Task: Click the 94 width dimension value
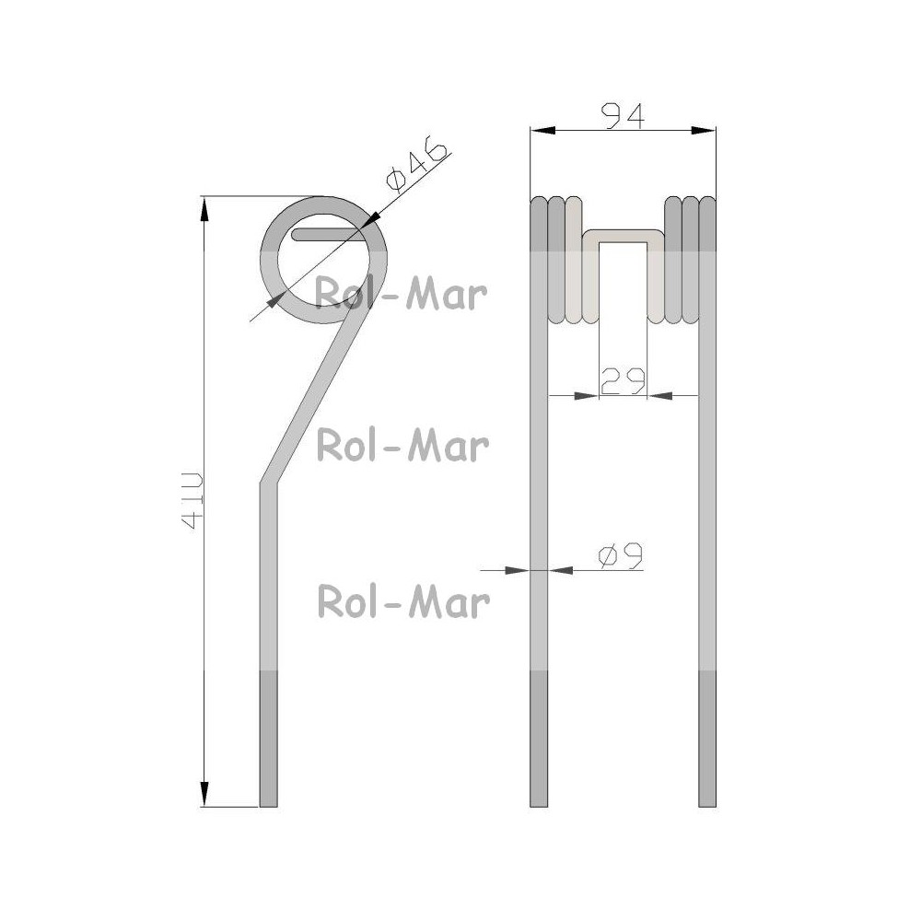pyautogui.click(x=624, y=116)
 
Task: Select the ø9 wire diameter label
pyautogui.click(x=620, y=555)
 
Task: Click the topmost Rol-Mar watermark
pyautogui.click(x=402, y=295)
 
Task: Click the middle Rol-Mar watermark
pyautogui.click(x=403, y=445)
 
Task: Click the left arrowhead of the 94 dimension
pyautogui.click(x=542, y=131)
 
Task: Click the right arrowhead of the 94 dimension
pyautogui.click(x=704, y=131)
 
